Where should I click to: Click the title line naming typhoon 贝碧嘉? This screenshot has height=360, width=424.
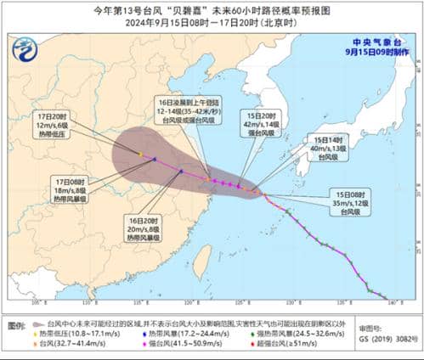point(211,10)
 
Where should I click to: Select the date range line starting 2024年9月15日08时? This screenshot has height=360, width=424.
point(211,24)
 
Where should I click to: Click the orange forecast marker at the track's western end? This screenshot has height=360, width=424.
point(140,154)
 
